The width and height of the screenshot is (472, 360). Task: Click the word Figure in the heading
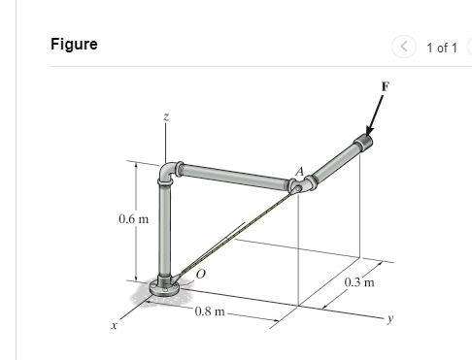tap(74, 45)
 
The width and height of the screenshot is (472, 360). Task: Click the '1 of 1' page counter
tap(439, 48)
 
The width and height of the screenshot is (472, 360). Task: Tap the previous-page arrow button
tap(403, 48)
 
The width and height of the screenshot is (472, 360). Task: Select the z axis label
tap(166, 115)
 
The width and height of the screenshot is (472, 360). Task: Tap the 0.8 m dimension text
tap(209, 311)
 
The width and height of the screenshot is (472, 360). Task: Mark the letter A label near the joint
tap(300, 173)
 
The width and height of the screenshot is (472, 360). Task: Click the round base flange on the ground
tap(167, 288)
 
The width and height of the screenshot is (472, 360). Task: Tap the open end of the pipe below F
tap(363, 145)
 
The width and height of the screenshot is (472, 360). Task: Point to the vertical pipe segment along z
tap(166, 233)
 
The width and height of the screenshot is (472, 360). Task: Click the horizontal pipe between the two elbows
tap(233, 176)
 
